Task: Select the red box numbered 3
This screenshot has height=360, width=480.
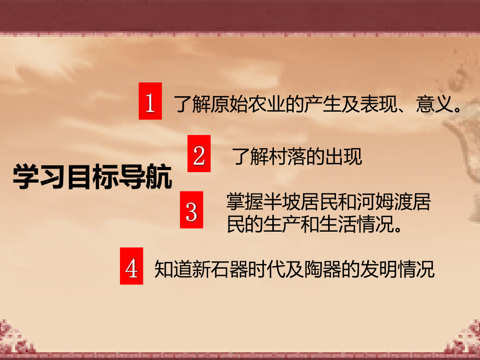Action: click(x=191, y=210)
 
